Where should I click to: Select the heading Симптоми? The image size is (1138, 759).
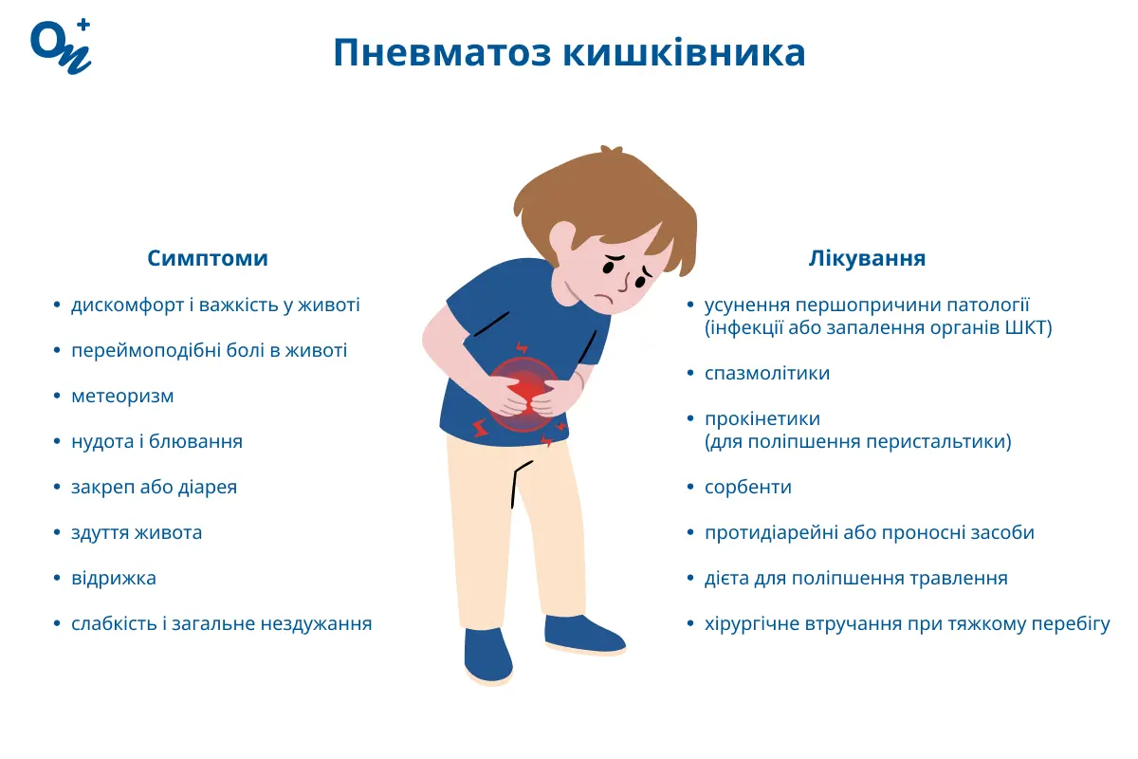click(208, 258)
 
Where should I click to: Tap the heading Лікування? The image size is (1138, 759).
click(867, 258)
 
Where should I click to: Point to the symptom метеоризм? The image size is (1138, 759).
click(122, 396)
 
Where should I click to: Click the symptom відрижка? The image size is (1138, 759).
click(114, 578)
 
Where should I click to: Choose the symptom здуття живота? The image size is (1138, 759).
click(137, 532)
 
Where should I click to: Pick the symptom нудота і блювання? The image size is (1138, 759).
click(156, 441)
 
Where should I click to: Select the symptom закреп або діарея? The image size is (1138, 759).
click(154, 487)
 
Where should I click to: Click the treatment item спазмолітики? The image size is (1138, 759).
click(767, 373)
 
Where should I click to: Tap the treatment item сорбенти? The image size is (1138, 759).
click(748, 487)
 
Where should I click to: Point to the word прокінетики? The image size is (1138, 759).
click(762, 418)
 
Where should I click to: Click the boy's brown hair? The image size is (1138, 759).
click(607, 194)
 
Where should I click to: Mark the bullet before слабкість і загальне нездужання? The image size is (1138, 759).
click(57, 624)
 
